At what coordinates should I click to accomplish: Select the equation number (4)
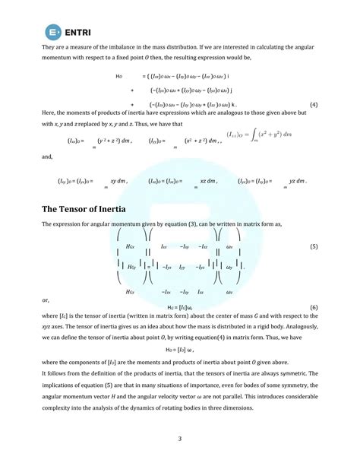coord(314,103)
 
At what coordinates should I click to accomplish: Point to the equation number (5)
coord(314,247)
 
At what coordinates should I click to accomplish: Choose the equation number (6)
coord(314,306)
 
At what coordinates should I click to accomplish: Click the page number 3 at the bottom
coord(180,438)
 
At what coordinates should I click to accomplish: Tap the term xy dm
coord(118,182)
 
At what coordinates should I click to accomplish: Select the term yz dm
coord(297,182)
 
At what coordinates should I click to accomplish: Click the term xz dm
coord(208,182)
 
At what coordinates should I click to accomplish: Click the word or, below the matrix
coord(46,300)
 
